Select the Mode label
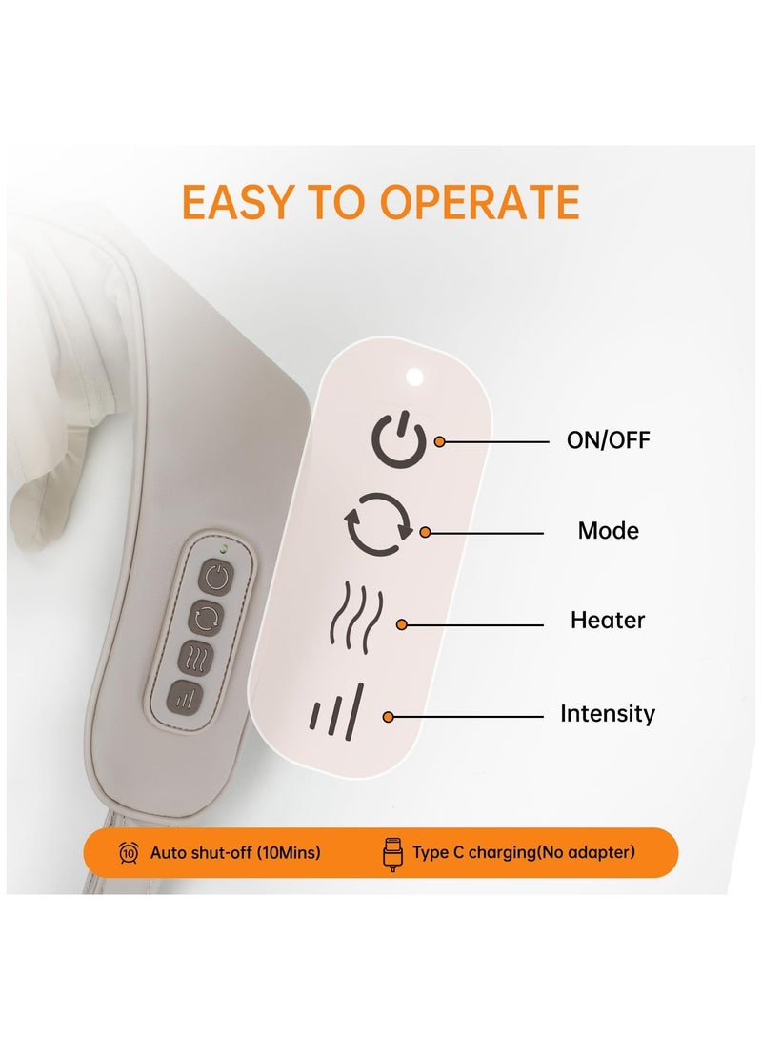[608, 530]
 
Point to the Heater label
[608, 620]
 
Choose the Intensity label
[608, 713]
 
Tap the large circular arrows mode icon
[378, 523]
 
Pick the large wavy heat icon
[355, 615]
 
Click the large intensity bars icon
[336, 710]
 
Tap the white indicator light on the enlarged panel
[413, 377]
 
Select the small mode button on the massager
[206, 618]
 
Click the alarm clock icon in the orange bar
[129, 852]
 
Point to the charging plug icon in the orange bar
[391, 853]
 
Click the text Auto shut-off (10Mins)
[235, 852]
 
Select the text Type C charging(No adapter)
[523, 852]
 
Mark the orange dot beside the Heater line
[402, 624]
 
